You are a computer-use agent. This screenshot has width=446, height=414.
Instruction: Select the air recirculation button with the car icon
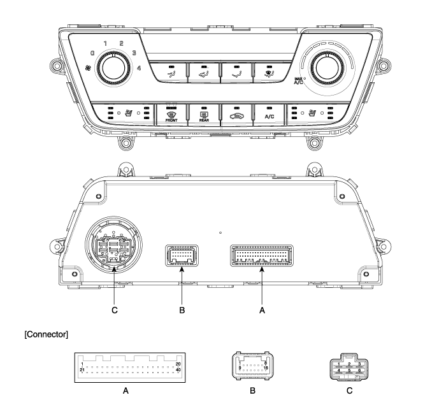(236, 115)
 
